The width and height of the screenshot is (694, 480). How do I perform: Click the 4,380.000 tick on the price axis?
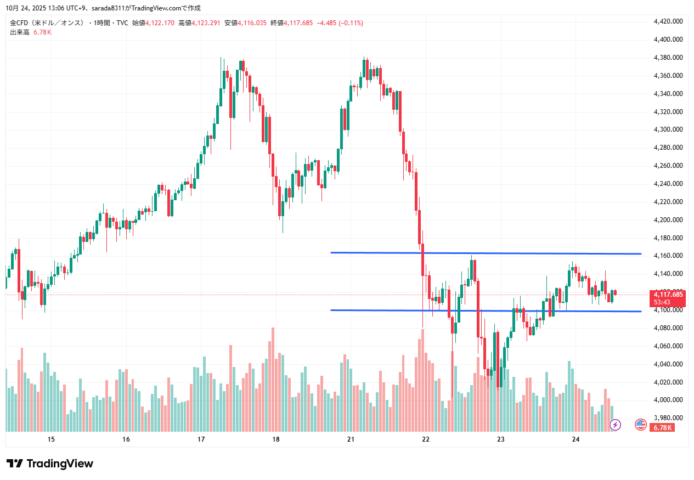668,58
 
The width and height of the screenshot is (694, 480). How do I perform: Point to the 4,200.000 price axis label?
668,220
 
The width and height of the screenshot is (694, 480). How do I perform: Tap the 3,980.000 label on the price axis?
668,418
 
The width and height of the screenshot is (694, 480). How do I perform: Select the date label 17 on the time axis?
201,439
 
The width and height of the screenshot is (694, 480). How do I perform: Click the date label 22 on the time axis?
426,439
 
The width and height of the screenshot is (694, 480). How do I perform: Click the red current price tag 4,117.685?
668,295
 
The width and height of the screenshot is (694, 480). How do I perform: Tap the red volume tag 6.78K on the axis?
662,427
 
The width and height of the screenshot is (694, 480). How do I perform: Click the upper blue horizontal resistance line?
486,253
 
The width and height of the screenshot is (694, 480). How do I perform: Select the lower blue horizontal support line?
486,311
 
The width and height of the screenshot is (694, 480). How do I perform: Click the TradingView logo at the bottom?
50,464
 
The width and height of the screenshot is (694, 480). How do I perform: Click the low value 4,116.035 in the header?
252,23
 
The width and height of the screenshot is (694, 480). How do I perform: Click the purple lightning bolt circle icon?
616,424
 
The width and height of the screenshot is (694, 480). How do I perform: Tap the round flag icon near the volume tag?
640,424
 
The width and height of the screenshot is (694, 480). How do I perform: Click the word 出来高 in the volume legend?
20,32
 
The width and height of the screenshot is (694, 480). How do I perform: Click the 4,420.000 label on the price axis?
668,21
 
